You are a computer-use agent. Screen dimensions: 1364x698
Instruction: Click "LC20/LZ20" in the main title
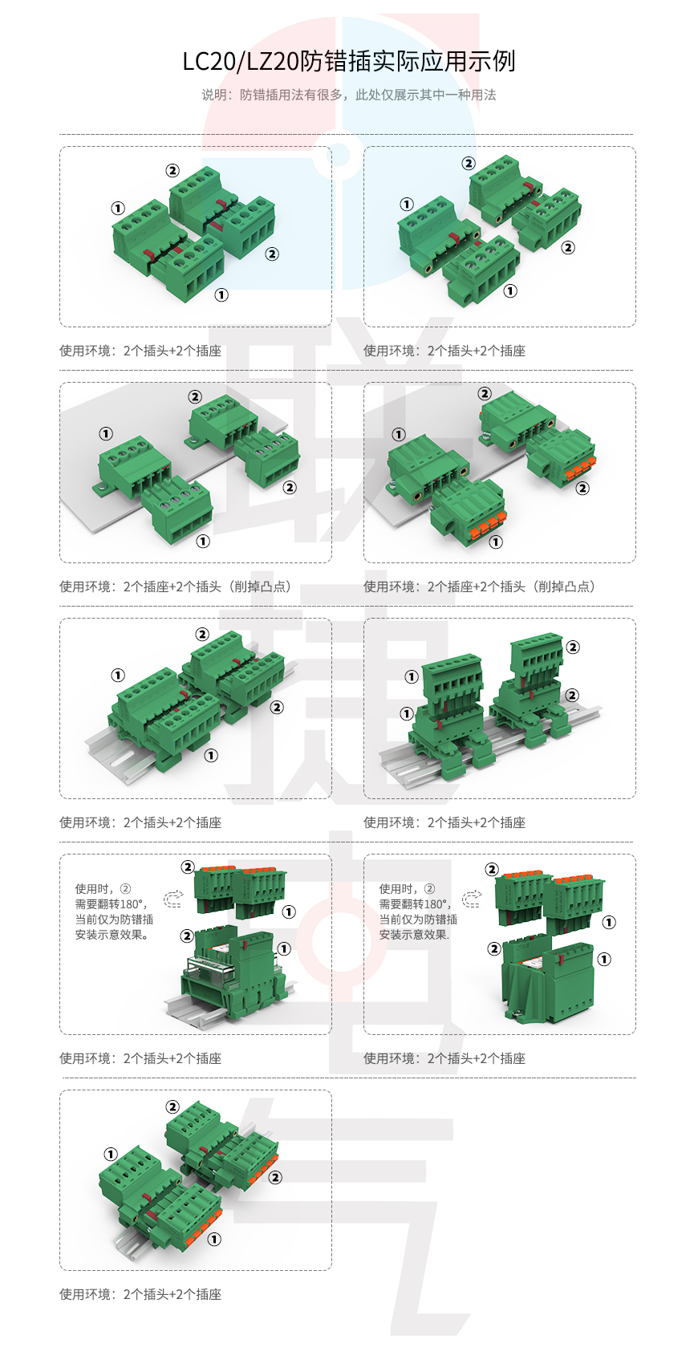(241, 62)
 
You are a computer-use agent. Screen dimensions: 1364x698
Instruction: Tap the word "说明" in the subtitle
(214, 95)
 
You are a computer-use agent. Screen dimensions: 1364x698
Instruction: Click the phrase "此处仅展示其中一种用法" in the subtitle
(425, 95)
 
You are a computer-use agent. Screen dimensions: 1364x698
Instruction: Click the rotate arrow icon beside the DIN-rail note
(172, 899)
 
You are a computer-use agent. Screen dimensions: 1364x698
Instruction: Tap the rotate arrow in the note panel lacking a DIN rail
(472, 899)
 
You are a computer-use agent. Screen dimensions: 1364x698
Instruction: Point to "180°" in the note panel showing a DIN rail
(133, 904)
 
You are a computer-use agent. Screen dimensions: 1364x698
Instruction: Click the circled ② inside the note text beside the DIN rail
(125, 889)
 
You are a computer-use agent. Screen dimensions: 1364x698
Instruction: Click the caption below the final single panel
(140, 1294)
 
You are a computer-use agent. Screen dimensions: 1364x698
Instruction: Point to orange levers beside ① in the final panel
(205, 1228)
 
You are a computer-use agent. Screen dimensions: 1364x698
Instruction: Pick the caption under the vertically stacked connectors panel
(444, 822)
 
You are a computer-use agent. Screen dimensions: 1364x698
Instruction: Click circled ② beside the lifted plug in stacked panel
(573, 647)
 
